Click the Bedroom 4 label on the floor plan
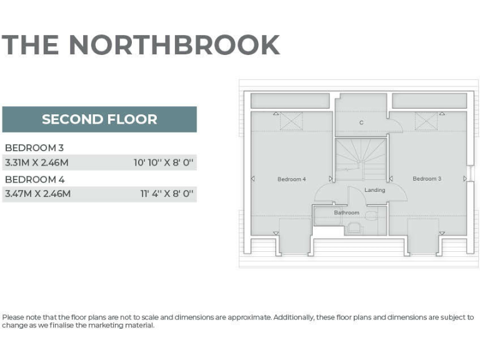(291, 179)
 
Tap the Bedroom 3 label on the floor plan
(427, 179)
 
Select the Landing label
(375, 190)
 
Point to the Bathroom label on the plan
(346, 212)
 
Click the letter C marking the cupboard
(361, 122)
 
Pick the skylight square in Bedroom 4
(291, 121)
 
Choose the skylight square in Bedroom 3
(426, 121)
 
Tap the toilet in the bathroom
(371, 216)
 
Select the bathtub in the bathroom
(327, 216)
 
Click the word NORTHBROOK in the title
(174, 45)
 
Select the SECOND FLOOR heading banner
(99, 119)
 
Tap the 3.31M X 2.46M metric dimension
(37, 162)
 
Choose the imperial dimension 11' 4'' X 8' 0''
(166, 194)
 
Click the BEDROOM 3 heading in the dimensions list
(34, 147)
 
